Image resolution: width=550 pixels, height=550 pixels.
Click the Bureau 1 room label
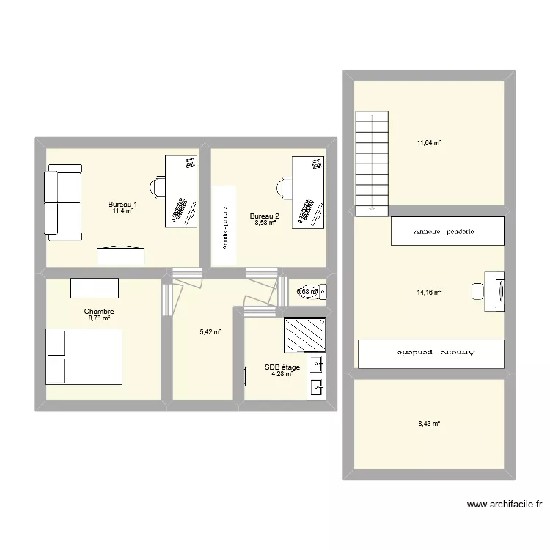(122, 204)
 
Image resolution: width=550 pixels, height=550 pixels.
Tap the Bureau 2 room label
(264, 216)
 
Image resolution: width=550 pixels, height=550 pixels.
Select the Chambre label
(99, 311)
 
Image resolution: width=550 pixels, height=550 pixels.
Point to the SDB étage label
(282, 367)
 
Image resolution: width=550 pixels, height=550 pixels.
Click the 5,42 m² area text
(210, 331)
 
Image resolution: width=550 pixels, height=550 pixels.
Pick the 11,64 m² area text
(429, 143)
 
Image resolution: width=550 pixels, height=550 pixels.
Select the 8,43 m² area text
(429, 423)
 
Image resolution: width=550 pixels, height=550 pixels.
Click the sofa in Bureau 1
(62, 202)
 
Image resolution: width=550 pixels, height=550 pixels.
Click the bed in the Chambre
(84, 356)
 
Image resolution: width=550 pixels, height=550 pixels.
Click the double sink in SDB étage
(316, 376)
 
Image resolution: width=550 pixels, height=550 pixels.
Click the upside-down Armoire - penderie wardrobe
(431, 353)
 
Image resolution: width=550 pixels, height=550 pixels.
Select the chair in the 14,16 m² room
(477, 291)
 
